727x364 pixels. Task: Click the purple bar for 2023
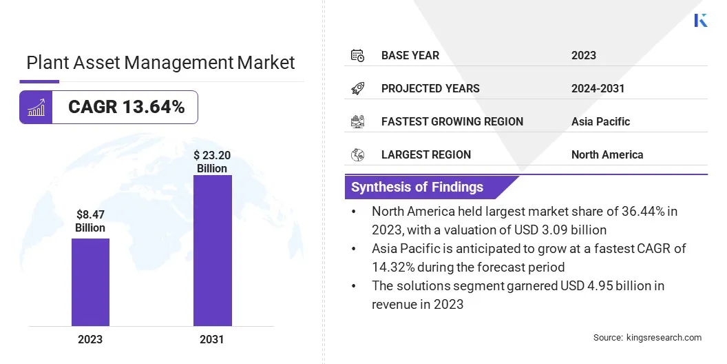tap(90, 282)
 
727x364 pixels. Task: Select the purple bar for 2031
tap(212, 250)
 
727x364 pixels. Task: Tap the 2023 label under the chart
tap(90, 339)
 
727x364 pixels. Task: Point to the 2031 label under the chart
tap(212, 339)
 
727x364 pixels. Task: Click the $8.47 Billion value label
tap(90, 221)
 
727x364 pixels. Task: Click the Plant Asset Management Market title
tap(160, 63)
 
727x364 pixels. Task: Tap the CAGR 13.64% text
tap(126, 107)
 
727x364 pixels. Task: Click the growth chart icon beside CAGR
tap(36, 107)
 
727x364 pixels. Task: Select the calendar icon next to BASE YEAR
tap(357, 55)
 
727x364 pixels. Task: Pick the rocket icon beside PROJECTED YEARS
tap(357, 88)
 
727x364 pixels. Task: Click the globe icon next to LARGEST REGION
tap(357, 154)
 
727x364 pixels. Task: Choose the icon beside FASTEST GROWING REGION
tap(357, 121)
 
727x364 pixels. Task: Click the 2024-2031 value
tap(598, 88)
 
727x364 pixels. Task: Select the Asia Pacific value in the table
tap(600, 121)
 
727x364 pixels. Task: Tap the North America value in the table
tap(607, 154)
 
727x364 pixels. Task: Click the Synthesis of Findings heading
tap(417, 187)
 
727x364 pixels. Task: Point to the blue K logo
tap(701, 20)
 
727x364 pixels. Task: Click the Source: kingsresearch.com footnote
tap(647, 337)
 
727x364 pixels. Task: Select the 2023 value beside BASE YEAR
tap(584, 55)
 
